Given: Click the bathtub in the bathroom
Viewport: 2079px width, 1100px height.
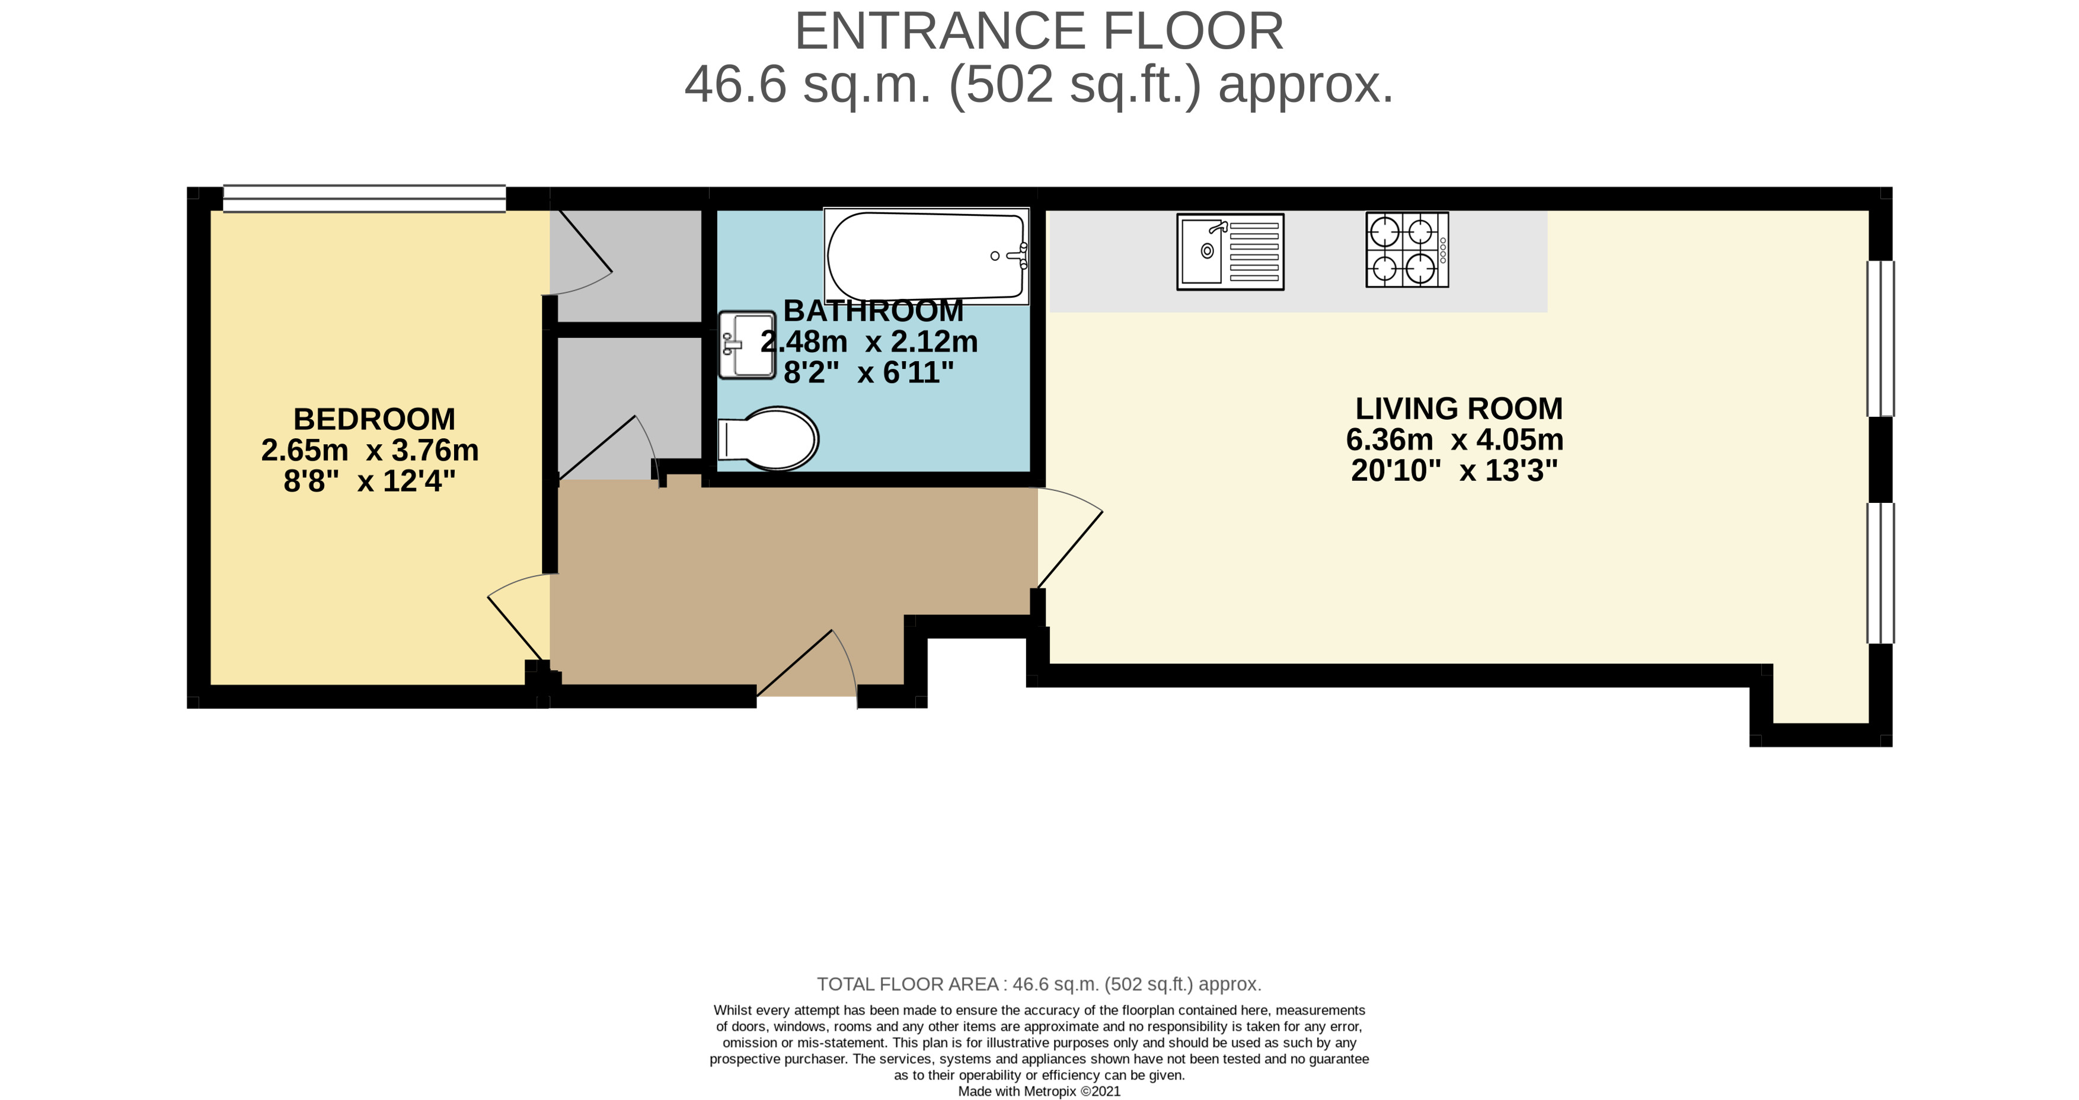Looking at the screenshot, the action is [927, 256].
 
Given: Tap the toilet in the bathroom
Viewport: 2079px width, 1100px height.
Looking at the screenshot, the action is [768, 438].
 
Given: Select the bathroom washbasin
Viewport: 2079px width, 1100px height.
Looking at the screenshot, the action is [746, 345].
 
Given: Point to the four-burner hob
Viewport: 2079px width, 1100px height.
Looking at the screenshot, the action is [1407, 250].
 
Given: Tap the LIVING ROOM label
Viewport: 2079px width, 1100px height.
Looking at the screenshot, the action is [1458, 409].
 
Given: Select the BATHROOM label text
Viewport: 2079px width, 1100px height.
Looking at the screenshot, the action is [873, 311].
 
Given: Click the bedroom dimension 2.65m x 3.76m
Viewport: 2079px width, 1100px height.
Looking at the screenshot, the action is [370, 450].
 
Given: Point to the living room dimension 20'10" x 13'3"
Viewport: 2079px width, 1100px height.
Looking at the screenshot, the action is [1454, 470].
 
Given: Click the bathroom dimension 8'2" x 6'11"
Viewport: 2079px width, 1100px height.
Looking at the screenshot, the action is [868, 373].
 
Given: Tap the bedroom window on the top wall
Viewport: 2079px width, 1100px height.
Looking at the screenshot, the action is [364, 199].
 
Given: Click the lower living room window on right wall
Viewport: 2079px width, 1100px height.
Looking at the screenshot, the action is [1880, 573].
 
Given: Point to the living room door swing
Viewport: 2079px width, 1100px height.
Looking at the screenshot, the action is [1070, 538].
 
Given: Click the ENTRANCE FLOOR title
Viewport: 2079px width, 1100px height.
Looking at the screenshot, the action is [1039, 31].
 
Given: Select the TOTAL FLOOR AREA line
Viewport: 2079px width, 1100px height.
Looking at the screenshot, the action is [1039, 984].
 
